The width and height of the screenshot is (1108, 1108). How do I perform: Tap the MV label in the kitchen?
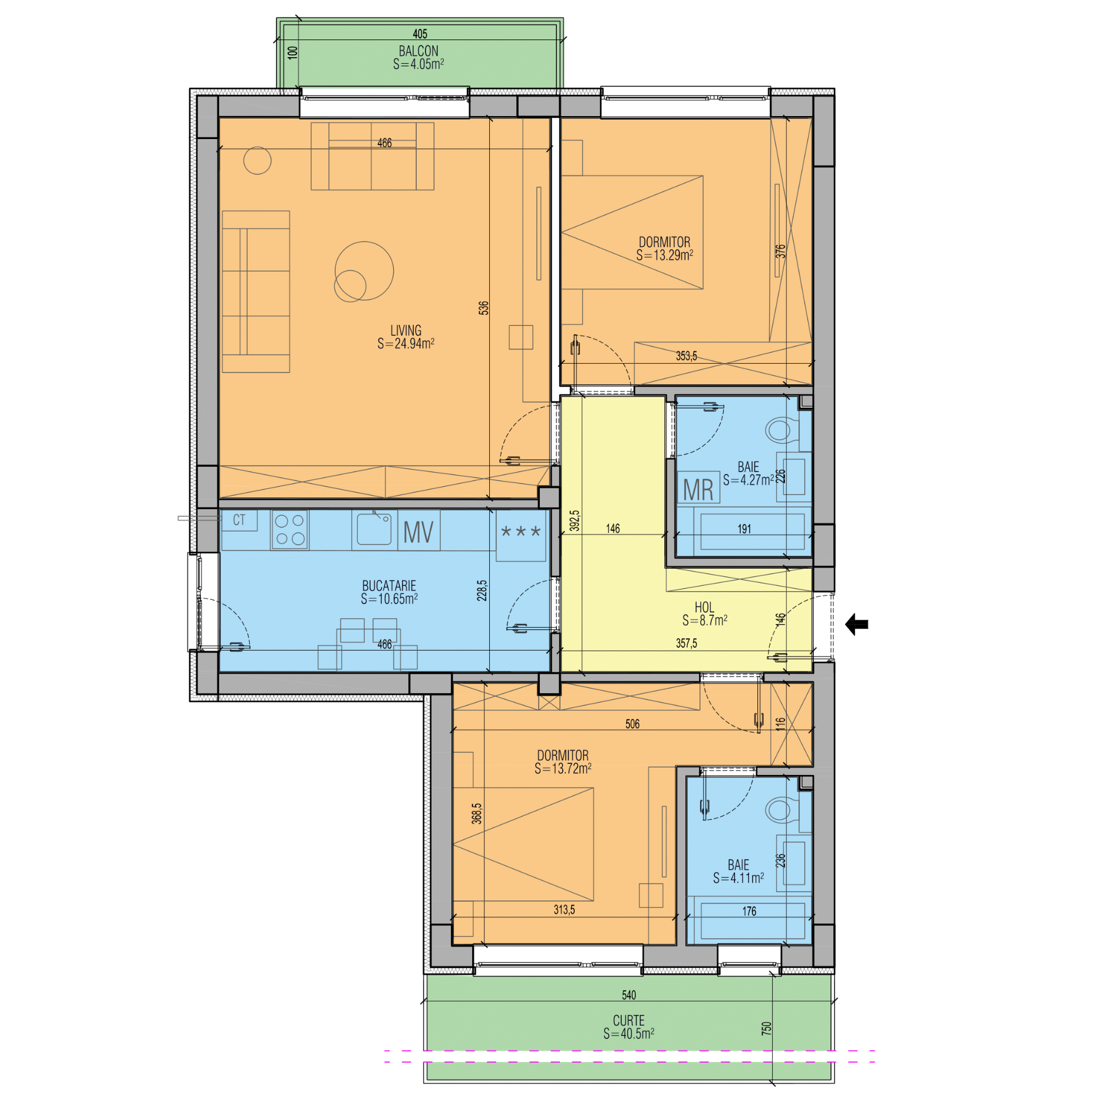[418, 532]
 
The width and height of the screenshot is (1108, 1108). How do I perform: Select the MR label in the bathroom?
[698, 489]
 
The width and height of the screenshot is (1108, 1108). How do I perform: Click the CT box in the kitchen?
[239, 520]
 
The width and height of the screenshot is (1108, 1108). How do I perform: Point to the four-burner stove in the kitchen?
[289, 529]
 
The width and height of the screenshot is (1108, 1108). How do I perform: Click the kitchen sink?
[374, 529]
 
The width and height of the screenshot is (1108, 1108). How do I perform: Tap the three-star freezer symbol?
[520, 532]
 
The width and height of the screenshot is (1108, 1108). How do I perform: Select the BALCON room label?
[418, 51]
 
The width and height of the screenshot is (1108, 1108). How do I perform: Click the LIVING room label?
[406, 331]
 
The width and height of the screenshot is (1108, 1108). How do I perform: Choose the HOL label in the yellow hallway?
[704, 607]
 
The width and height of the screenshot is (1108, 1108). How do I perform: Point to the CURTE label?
[629, 1020]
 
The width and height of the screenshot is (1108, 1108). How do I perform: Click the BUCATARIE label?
[389, 586]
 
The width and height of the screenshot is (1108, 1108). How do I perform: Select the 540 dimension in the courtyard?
[629, 995]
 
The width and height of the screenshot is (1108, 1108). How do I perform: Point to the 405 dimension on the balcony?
[420, 34]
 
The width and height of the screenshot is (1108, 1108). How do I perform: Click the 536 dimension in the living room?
[483, 308]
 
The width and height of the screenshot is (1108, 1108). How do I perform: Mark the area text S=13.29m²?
[665, 255]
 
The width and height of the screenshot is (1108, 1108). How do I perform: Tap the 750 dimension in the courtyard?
[766, 1028]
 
